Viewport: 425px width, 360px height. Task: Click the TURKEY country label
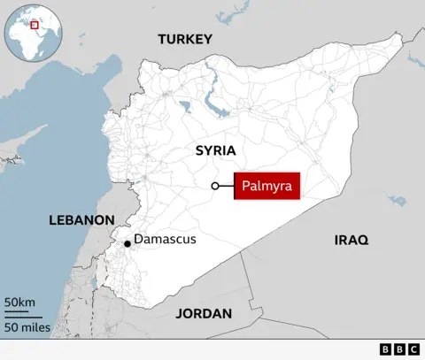(185, 39)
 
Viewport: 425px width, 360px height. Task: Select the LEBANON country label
(81, 219)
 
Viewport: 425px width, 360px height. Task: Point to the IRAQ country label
(351, 240)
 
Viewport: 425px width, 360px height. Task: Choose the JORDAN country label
(204, 313)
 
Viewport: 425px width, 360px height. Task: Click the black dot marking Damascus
(127, 243)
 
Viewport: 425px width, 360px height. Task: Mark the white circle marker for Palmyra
(215, 186)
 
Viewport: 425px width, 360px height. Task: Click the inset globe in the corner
(33, 32)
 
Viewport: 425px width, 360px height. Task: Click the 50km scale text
(19, 303)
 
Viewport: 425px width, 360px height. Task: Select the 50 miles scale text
(27, 327)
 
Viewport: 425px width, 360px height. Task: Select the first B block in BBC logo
(385, 349)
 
